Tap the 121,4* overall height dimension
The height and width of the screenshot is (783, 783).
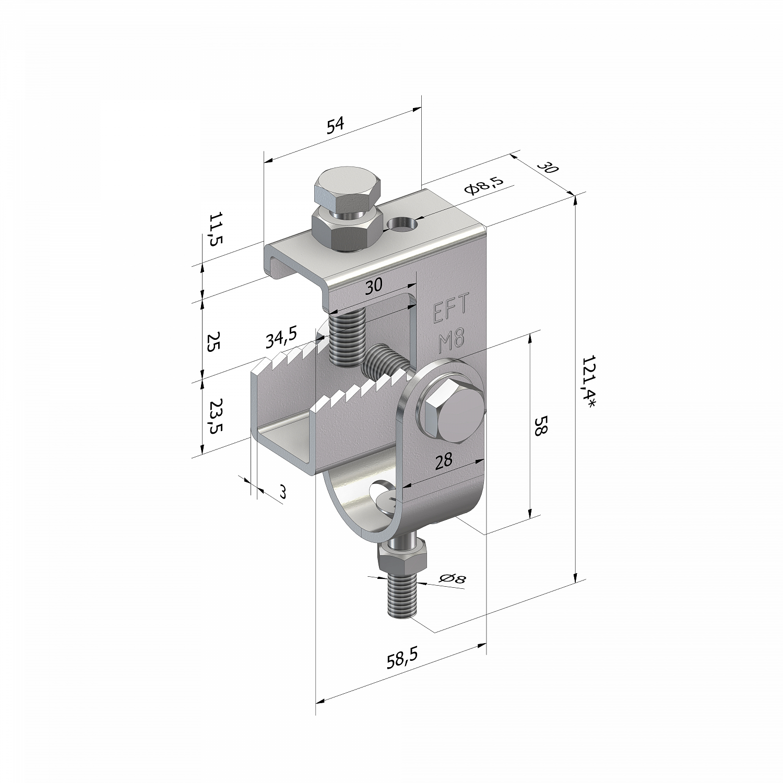coord(590,382)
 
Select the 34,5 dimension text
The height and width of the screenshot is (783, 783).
coord(281,338)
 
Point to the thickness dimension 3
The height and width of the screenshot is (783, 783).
coord(282,492)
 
